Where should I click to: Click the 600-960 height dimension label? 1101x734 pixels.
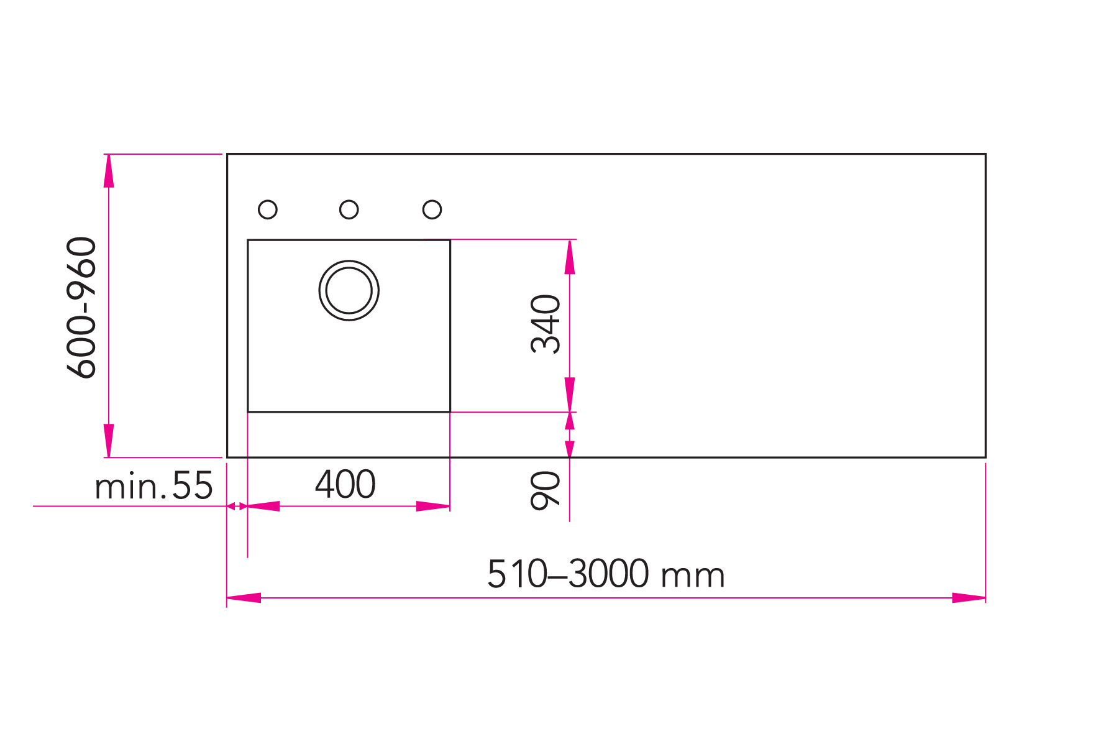pyautogui.click(x=82, y=308)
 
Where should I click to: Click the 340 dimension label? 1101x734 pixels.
pyautogui.click(x=546, y=324)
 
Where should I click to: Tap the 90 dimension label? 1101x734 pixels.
pyautogui.click(x=546, y=490)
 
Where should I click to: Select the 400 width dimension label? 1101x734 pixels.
pyautogui.click(x=345, y=485)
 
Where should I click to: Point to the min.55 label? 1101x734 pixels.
pyautogui.click(x=153, y=486)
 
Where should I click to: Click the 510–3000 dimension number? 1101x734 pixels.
pyautogui.click(x=568, y=574)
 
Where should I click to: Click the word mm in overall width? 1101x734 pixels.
pyautogui.click(x=693, y=576)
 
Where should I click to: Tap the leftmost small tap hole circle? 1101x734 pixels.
pyautogui.click(x=268, y=209)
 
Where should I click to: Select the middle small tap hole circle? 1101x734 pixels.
pyautogui.click(x=349, y=209)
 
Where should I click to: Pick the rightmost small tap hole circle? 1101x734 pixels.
pyautogui.click(x=432, y=209)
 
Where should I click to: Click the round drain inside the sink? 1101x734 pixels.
pyautogui.click(x=349, y=290)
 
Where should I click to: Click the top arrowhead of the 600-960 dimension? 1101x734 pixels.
pyautogui.click(x=109, y=170)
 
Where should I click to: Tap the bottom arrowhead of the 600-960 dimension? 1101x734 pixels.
pyautogui.click(x=109, y=441)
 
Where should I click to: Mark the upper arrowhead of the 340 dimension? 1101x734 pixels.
pyautogui.click(x=570, y=256)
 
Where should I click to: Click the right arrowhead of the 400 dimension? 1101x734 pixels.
pyautogui.click(x=434, y=506)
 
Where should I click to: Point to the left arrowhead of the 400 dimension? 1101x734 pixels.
pyautogui.click(x=264, y=506)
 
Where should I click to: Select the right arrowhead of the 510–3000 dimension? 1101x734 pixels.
pyautogui.click(x=969, y=598)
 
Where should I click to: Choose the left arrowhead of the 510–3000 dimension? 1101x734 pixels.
pyautogui.click(x=244, y=598)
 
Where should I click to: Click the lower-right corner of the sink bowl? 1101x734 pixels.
pyautogui.click(x=450, y=411)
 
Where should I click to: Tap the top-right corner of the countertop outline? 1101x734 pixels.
pyautogui.click(x=985, y=154)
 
